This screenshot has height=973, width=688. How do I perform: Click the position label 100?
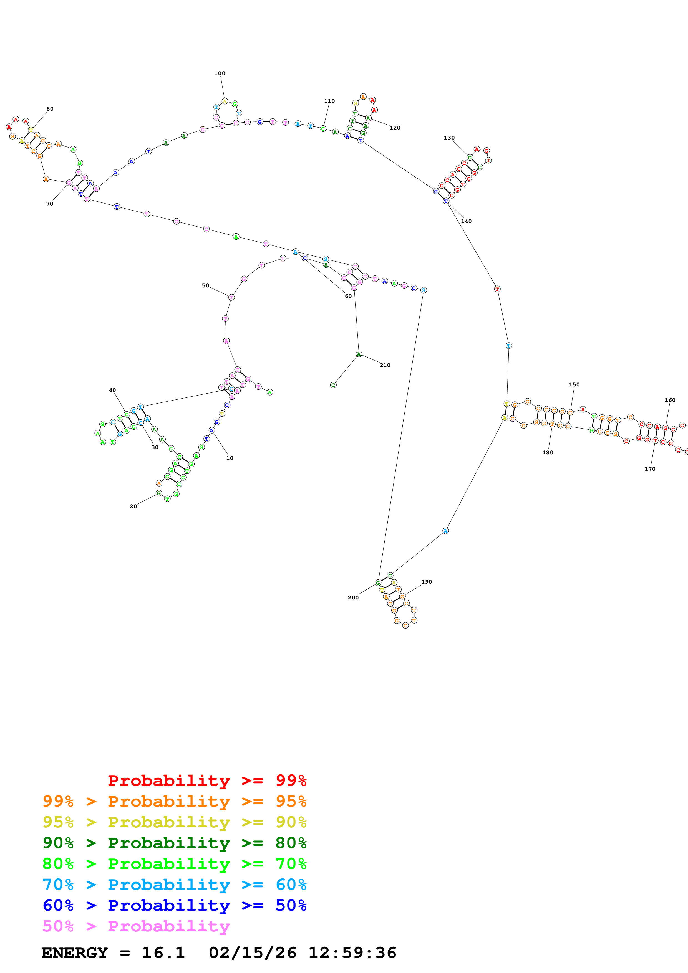(220, 73)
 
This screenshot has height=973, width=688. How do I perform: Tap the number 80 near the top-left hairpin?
(50, 109)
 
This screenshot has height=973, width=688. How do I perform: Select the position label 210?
(385, 365)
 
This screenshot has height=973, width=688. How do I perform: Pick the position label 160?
(670, 400)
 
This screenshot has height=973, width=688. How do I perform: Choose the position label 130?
(449, 138)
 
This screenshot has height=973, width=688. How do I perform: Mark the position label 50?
(206, 286)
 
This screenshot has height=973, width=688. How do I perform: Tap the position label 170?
(650, 469)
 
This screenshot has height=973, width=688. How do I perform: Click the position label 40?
(112, 390)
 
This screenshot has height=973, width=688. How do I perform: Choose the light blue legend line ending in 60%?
(174, 885)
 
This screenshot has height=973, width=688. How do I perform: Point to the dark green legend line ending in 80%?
(174, 843)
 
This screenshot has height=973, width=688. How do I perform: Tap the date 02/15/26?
(252, 953)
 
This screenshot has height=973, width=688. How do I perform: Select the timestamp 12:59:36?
(352, 953)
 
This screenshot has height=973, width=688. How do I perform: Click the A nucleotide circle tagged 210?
(359, 354)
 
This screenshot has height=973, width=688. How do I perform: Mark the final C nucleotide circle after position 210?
(333, 385)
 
